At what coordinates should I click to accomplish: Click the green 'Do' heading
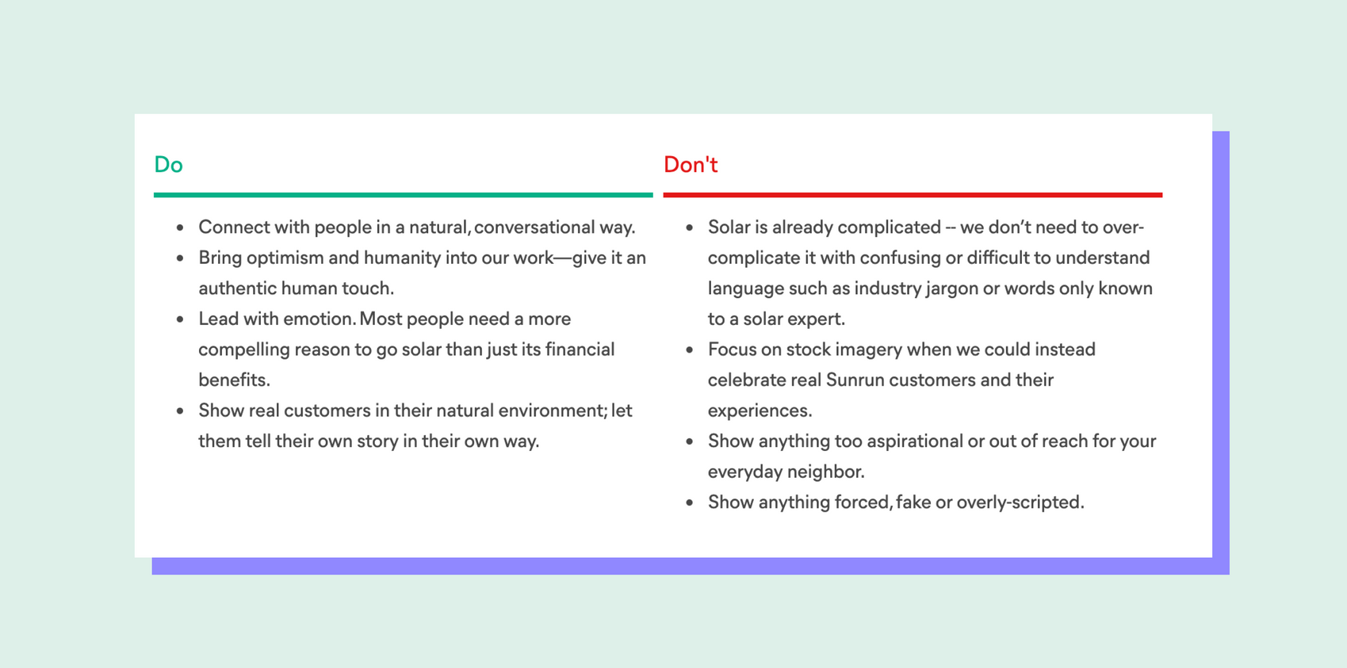click(168, 165)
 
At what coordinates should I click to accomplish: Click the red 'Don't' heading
click(691, 165)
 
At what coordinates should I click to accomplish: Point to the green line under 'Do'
click(403, 195)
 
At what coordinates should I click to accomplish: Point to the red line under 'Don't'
click(913, 195)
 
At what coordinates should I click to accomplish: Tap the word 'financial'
click(580, 349)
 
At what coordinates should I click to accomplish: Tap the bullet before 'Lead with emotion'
click(180, 319)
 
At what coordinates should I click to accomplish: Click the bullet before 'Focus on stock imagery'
click(689, 350)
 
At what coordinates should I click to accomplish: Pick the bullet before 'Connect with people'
click(180, 228)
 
